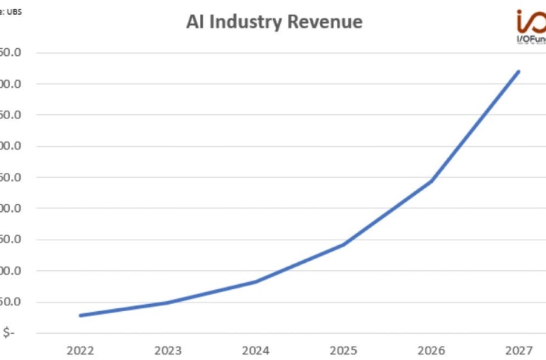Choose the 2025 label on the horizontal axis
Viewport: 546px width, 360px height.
tap(344, 349)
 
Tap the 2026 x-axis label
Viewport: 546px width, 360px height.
tap(431, 349)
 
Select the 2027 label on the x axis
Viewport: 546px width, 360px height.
tap(518, 349)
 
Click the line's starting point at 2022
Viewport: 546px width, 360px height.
tap(81, 315)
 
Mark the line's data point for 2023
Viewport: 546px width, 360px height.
tap(169, 303)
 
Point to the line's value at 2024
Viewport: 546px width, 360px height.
tap(256, 281)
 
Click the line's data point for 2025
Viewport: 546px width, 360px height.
tap(344, 244)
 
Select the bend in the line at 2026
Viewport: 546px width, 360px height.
tap(431, 181)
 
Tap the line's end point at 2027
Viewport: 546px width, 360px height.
tap(518, 72)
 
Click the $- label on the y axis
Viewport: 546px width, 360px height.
tap(9, 333)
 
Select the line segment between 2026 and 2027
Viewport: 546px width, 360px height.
tap(475, 126)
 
